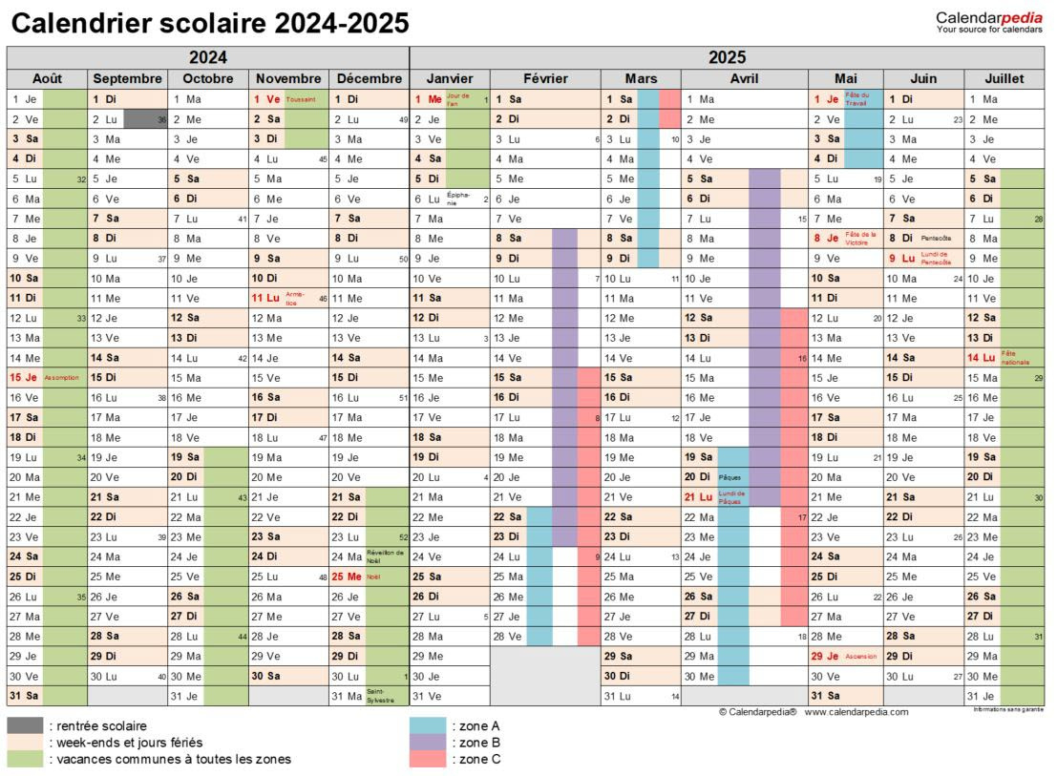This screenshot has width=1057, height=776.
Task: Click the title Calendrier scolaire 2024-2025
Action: coord(209,23)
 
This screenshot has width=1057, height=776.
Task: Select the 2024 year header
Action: coord(207,57)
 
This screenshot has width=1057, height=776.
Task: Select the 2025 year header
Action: coord(728,57)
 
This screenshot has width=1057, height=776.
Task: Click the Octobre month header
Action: coord(207,78)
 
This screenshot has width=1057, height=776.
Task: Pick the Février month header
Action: coord(545,78)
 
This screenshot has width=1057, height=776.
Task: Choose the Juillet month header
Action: coord(1004,78)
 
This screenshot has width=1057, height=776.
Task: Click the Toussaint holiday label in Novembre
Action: coord(300,99)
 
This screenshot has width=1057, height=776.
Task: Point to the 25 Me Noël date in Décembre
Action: coord(346,577)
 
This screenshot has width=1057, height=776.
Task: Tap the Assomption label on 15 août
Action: coord(62,378)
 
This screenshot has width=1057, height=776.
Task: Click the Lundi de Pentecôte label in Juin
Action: coord(937,258)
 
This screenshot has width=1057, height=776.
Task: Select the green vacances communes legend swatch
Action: coord(25,760)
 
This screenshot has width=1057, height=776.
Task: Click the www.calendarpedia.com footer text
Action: coord(856,712)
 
